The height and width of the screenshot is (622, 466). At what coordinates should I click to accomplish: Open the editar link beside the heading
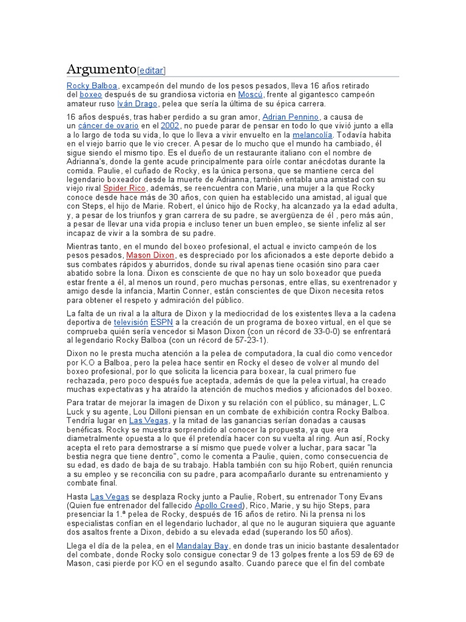coord(152,70)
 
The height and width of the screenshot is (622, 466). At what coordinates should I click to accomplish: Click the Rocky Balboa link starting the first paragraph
coord(92,86)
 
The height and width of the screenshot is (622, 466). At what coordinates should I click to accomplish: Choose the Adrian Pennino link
coord(290,117)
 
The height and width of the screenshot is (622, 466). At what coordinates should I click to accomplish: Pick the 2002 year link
coord(170,126)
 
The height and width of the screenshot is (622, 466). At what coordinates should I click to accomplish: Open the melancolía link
coord(312,135)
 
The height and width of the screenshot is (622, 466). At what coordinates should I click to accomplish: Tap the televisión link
coord(130,322)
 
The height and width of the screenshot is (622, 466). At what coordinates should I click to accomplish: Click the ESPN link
coord(161,322)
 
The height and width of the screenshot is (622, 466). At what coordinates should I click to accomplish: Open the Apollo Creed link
coord(218,505)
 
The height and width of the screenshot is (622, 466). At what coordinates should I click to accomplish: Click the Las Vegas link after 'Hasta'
coord(109,496)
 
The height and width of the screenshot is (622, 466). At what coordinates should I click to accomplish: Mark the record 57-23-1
coord(234,340)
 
